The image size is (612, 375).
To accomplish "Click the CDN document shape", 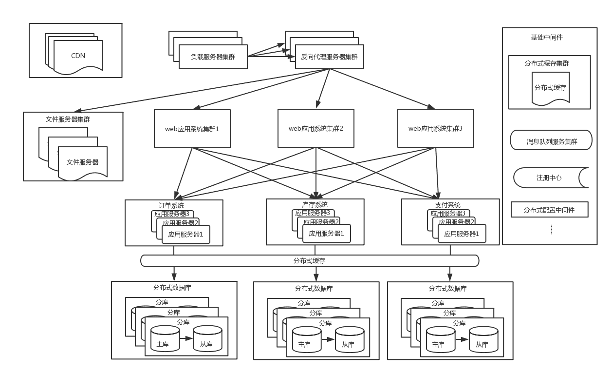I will click(x=78, y=56).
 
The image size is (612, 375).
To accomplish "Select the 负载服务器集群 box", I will click(x=213, y=57).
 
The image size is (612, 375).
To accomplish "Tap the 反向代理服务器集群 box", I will click(x=329, y=57).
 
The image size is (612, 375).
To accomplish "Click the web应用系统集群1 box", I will click(x=192, y=129).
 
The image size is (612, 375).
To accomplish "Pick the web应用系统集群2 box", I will click(x=315, y=129).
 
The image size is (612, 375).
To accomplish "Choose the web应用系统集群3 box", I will click(x=435, y=129).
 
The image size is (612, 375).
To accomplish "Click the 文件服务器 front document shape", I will click(x=82, y=162).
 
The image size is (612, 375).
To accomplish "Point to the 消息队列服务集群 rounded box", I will click(x=551, y=142).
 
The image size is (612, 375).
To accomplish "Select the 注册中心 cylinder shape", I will click(x=549, y=178).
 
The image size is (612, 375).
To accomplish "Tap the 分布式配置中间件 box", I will click(x=549, y=210).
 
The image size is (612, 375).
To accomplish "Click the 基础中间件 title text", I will click(x=547, y=37).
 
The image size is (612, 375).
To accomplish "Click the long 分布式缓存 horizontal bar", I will click(x=310, y=261).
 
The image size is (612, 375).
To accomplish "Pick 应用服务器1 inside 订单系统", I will click(x=185, y=234).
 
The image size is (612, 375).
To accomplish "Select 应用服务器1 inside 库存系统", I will click(x=326, y=234).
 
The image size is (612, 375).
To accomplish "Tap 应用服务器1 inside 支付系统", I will click(x=461, y=234).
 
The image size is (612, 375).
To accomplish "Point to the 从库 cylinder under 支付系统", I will click(x=483, y=339).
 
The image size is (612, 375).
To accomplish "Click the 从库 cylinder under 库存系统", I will click(x=349, y=339).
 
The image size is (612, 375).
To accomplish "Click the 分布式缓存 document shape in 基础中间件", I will click(x=550, y=88).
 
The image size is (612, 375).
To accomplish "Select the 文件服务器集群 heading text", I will click(x=68, y=119).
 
